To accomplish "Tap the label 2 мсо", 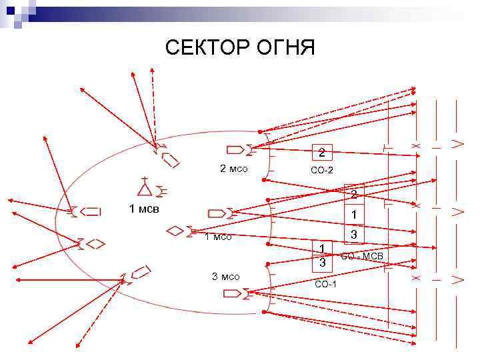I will point(234,169).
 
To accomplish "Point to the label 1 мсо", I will point(218,237).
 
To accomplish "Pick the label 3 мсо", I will point(225,277).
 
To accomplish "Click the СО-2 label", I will point(322,171).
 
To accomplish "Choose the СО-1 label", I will point(325,285).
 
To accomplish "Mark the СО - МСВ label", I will point(362,257).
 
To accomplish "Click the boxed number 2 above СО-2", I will point(321,152).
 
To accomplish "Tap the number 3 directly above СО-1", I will point(322,263).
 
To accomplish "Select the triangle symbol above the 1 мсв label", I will point(143,187).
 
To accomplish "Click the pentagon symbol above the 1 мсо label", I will point(217,213).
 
